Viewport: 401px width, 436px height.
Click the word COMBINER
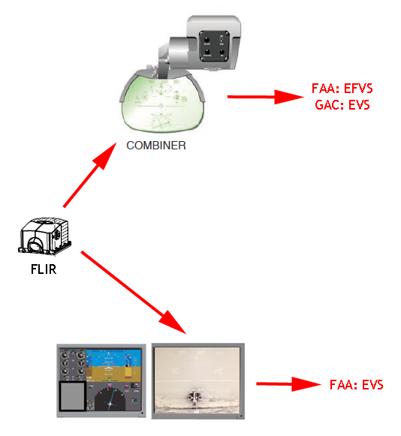click(x=156, y=146)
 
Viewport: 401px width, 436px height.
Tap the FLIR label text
click(x=44, y=269)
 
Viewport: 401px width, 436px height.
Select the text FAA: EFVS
click(x=342, y=89)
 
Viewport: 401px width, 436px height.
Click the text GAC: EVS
click(x=342, y=105)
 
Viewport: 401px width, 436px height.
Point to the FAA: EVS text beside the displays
click(x=356, y=384)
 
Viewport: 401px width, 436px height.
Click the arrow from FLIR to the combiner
click(x=90, y=175)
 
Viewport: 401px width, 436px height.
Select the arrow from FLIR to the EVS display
click(x=134, y=292)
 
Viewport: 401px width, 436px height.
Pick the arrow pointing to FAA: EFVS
click(x=266, y=97)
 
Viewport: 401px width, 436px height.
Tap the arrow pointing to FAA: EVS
click(x=289, y=384)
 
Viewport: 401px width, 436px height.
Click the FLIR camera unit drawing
click(x=44, y=236)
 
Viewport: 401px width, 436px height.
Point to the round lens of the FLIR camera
click(x=35, y=245)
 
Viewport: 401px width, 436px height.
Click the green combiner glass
click(x=163, y=104)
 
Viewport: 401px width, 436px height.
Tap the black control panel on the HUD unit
click(x=214, y=46)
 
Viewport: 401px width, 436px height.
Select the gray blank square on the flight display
click(x=73, y=396)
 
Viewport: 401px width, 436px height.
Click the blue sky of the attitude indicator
click(x=114, y=357)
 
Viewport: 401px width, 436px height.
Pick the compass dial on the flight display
click(x=110, y=398)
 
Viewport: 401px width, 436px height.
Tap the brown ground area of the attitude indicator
click(x=114, y=374)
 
